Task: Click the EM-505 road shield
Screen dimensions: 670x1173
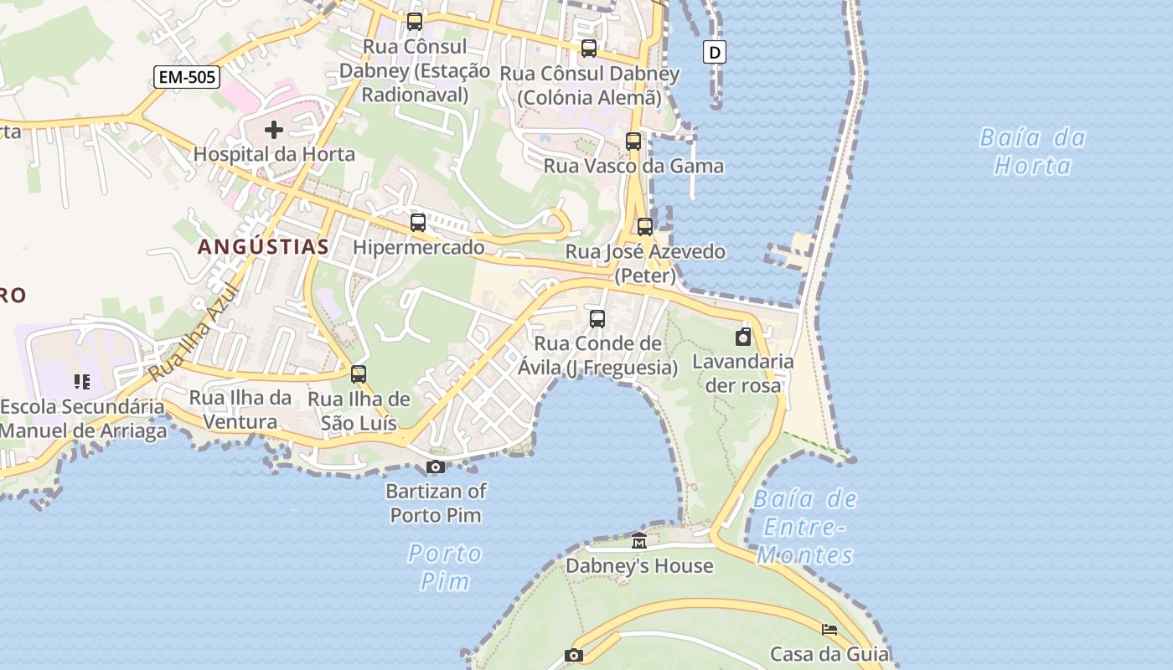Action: (x=187, y=78)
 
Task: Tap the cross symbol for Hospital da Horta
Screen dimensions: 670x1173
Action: (x=273, y=130)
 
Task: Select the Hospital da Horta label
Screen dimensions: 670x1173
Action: (x=274, y=154)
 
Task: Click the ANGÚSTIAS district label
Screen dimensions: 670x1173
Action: (x=263, y=246)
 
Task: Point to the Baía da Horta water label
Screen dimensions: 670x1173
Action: (x=1032, y=151)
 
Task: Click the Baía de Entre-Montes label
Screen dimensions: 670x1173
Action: (x=805, y=527)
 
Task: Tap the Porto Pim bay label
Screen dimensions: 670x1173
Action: (x=445, y=567)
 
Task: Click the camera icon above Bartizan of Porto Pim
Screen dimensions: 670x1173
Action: (x=436, y=466)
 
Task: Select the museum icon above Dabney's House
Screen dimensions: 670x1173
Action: (x=639, y=541)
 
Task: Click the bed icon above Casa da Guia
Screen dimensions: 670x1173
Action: (x=829, y=630)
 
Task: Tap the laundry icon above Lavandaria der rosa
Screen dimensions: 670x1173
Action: (x=742, y=337)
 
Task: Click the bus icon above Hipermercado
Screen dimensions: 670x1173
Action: (x=418, y=223)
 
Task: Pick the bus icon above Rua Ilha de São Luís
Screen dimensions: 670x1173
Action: (x=359, y=374)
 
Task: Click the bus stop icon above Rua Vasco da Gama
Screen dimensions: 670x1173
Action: (x=633, y=142)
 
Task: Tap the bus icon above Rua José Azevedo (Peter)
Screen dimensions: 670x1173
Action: (x=645, y=227)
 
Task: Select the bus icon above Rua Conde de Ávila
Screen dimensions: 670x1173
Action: (x=597, y=319)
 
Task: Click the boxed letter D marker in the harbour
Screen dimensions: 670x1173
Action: (x=714, y=53)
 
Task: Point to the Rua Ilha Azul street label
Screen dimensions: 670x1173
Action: (x=194, y=334)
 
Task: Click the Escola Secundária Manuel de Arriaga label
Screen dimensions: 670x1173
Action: (x=83, y=419)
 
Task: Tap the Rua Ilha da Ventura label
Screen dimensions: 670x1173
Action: (x=240, y=409)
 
